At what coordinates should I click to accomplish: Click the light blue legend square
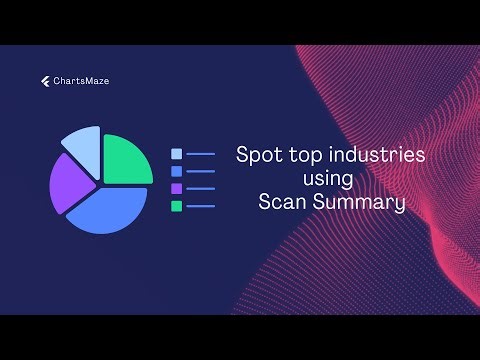(176, 154)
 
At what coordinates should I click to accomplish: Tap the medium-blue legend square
(176, 171)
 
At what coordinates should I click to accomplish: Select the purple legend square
(176, 188)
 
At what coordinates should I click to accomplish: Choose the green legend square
(176, 205)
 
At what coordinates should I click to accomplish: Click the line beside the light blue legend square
(201, 154)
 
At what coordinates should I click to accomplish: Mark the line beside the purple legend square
(201, 188)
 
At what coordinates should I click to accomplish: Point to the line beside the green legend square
(201, 205)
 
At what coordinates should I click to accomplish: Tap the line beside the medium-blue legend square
(201, 171)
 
